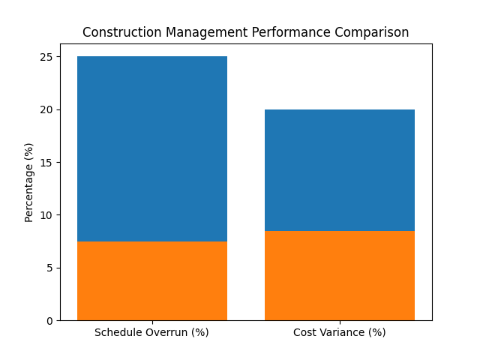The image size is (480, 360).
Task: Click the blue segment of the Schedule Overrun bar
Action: point(151,148)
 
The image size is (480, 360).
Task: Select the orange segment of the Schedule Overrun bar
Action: point(151,280)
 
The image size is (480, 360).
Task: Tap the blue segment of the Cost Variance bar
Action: point(339,169)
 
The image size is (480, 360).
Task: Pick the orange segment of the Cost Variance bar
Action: point(339,275)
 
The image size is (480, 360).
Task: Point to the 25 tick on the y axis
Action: point(46,57)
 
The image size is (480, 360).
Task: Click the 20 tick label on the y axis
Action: point(46,109)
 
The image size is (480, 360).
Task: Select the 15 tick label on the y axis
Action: point(46,163)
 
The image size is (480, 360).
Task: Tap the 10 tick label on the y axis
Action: point(46,215)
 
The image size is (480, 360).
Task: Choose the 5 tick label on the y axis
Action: point(49,268)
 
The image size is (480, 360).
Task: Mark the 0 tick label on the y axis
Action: point(49,321)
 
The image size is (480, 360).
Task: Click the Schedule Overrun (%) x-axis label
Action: point(151,332)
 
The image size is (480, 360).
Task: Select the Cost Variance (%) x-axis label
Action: point(339,332)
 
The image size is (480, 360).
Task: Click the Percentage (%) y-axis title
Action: point(29,182)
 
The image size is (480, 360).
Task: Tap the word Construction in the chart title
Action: point(117,33)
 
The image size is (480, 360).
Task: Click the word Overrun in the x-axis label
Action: point(166,332)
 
